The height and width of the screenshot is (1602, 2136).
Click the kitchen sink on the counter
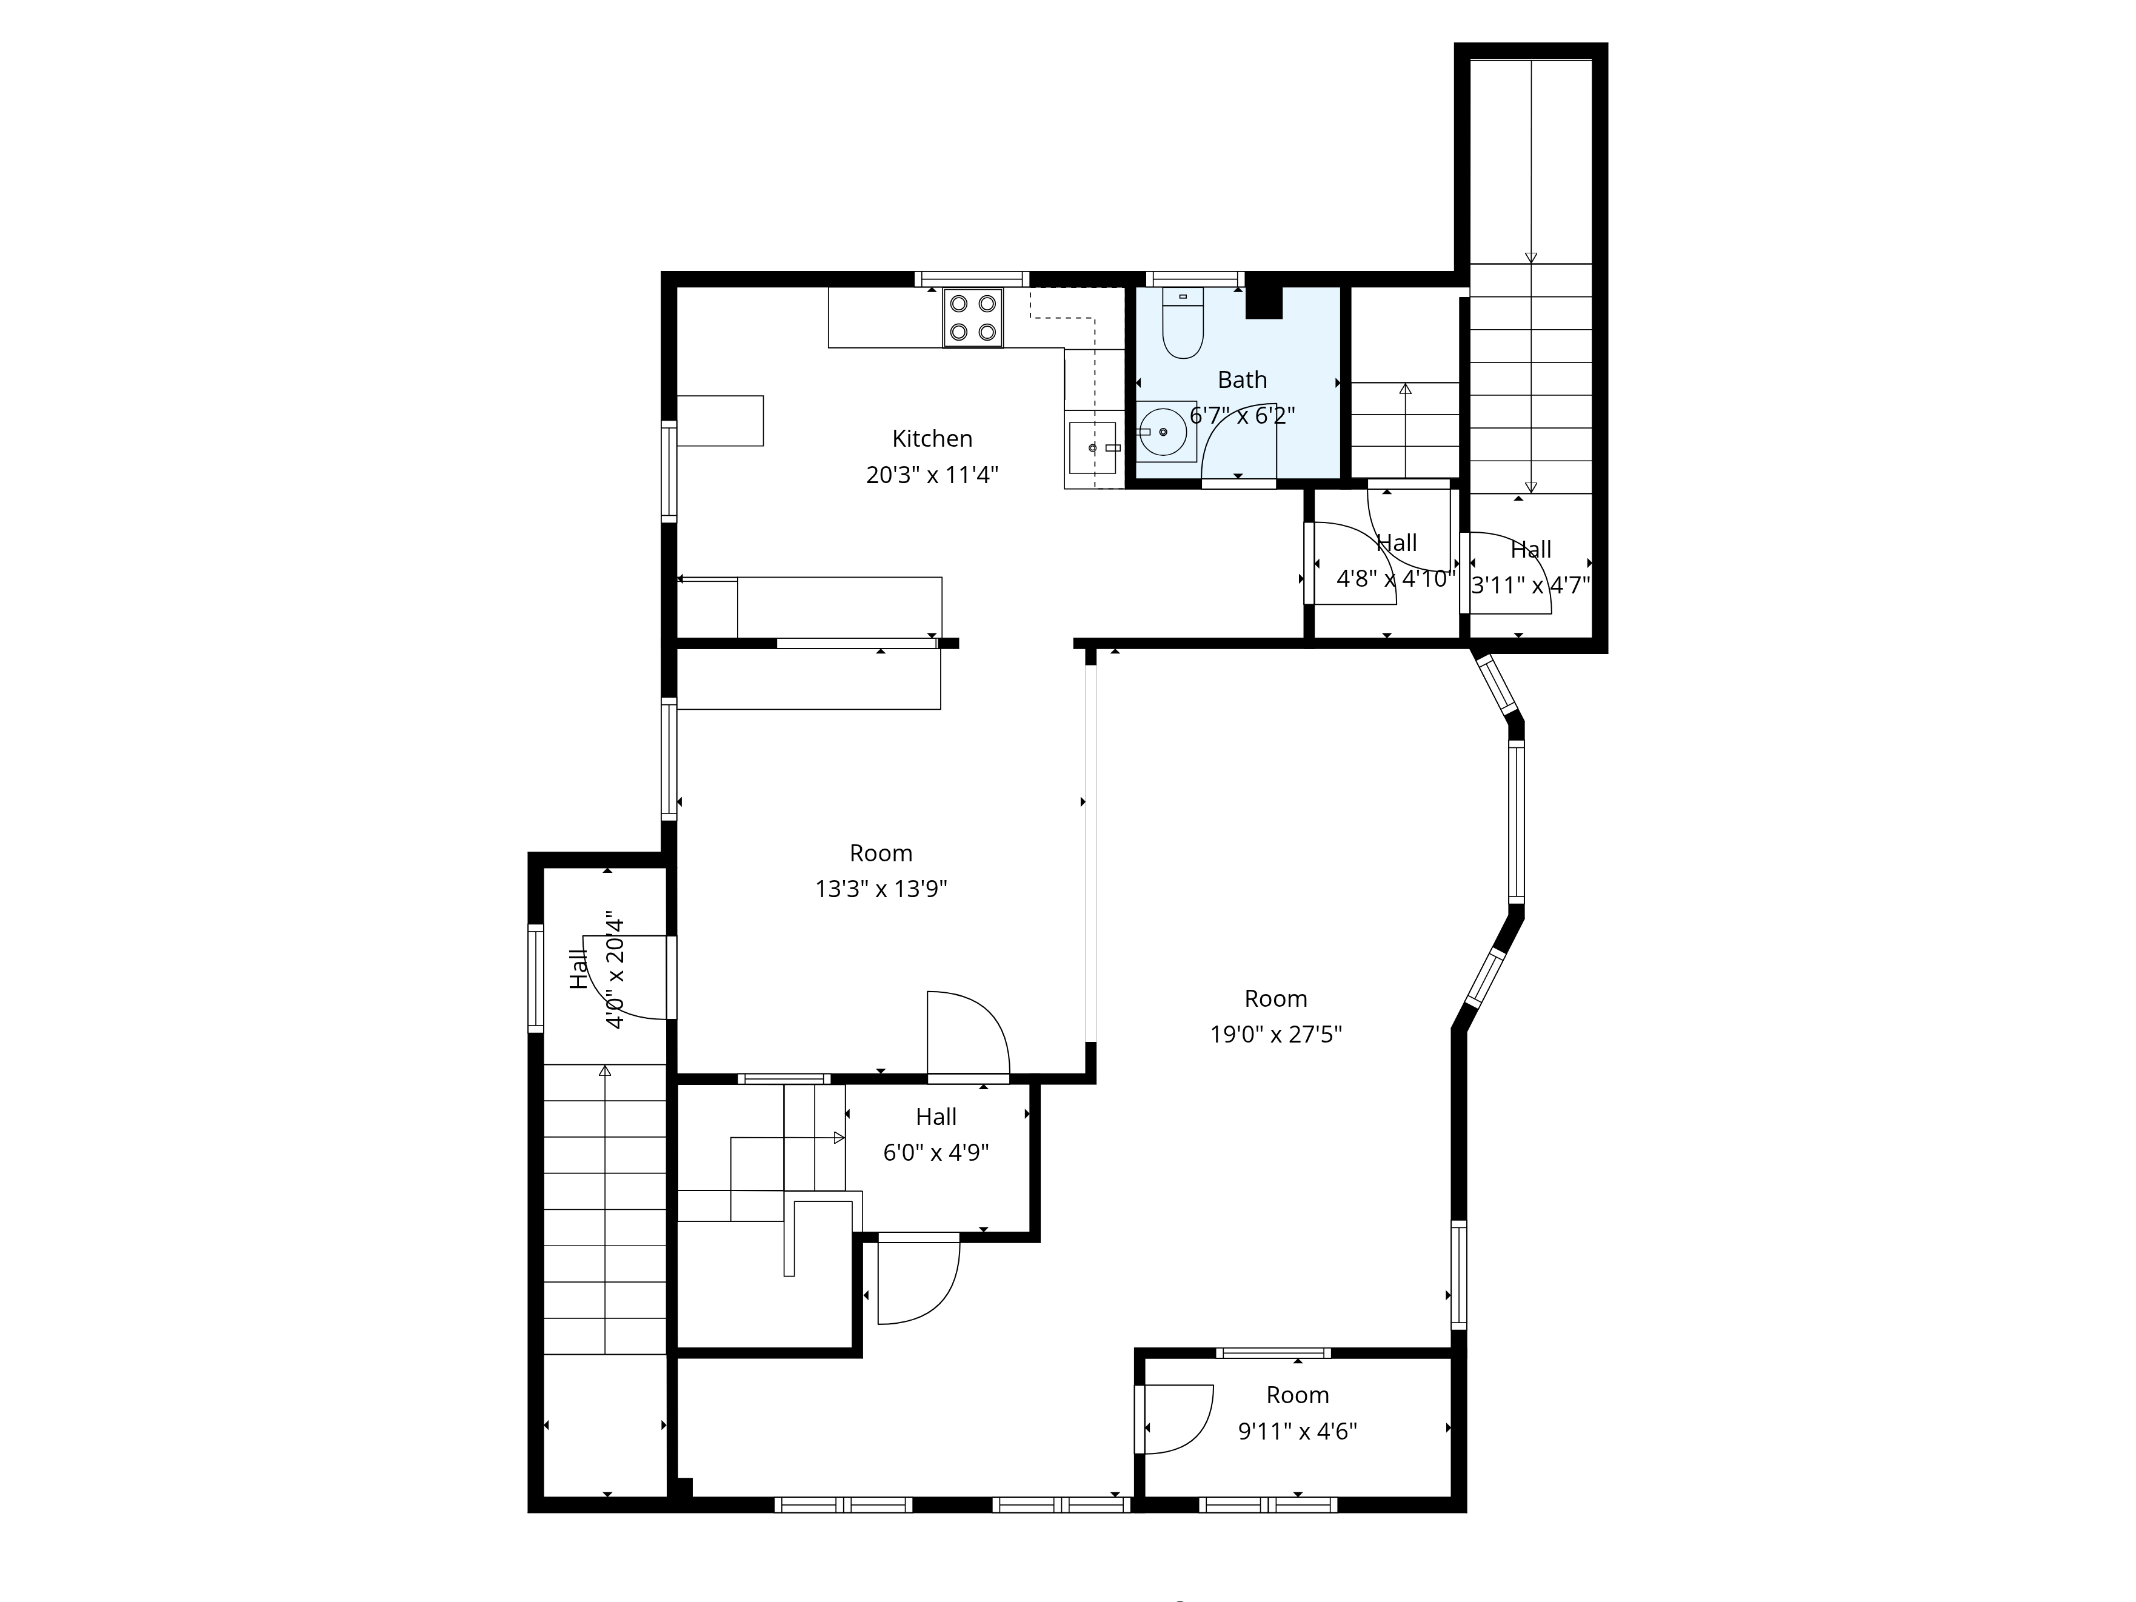(1092, 448)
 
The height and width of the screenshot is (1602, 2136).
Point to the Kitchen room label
(932, 438)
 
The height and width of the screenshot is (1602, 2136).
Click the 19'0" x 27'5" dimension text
(1276, 1034)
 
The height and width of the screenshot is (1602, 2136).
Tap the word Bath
(1242, 379)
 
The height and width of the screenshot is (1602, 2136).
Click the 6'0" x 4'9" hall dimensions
(936, 1152)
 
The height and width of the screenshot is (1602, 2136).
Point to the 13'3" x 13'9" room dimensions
(881, 889)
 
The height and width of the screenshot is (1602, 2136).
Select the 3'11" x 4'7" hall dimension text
(1530, 585)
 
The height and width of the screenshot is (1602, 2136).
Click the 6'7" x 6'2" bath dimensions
(1242, 415)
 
